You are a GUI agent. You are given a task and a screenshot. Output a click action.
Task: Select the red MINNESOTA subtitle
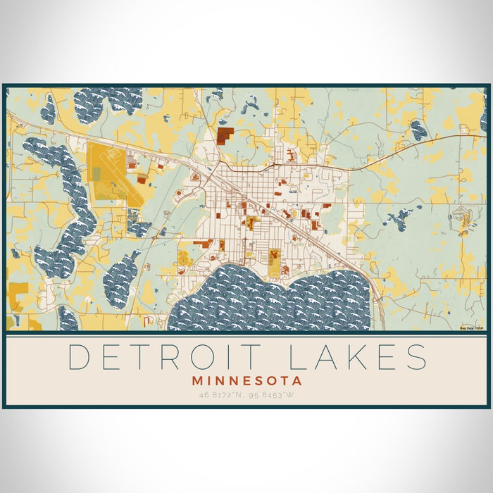pos(246,380)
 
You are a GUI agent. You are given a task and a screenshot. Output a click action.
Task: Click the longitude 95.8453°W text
pos(275,394)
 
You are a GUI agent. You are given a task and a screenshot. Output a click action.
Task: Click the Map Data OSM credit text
pos(470,327)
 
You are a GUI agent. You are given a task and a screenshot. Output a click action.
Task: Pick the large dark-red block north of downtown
pos(225,135)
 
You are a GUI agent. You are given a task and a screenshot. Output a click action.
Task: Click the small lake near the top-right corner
pos(418,129)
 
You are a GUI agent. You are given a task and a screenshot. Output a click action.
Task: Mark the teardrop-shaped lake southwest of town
pos(121,278)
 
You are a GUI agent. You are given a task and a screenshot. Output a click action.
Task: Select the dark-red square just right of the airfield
pos(142,180)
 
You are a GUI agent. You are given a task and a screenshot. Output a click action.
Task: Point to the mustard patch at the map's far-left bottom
pos(18,289)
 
